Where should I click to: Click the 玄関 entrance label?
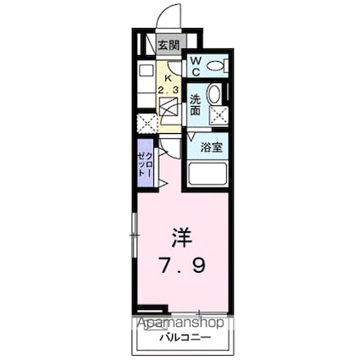169,45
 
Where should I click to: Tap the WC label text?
196,66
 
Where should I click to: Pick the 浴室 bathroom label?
212,147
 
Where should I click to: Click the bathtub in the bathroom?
208,174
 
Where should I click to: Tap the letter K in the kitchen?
168,78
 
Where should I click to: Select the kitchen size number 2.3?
168,91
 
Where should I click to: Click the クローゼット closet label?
146,163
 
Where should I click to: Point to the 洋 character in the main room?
182,238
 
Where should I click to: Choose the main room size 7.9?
182,266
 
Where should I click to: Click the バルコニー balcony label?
186,337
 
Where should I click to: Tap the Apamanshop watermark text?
180,323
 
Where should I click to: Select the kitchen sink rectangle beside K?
146,69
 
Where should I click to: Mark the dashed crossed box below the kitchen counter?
147,124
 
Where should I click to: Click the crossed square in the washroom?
219,115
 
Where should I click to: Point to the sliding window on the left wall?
135,235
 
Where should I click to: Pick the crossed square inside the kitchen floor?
169,106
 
